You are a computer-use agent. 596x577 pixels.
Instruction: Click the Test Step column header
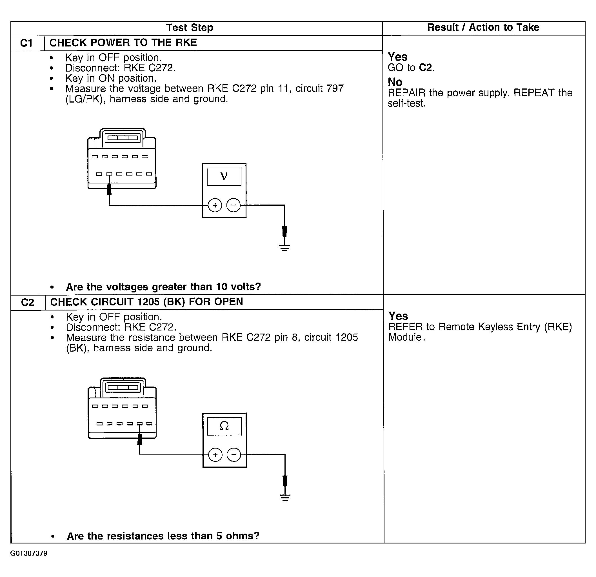[190, 28]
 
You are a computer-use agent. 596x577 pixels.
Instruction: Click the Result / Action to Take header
[483, 27]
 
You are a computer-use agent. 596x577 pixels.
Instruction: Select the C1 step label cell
[27, 43]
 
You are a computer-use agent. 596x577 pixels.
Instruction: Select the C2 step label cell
[28, 302]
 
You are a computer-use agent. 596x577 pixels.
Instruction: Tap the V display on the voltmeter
[224, 176]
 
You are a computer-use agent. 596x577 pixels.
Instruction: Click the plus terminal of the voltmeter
[215, 205]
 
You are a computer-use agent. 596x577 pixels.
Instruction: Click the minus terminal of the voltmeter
[233, 205]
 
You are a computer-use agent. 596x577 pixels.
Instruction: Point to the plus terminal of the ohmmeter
[215, 455]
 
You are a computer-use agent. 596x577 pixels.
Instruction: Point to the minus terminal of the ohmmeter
[234, 455]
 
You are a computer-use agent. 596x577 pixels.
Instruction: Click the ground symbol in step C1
[284, 247]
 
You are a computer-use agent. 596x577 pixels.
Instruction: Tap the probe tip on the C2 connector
[140, 439]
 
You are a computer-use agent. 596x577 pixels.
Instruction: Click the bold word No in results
[395, 82]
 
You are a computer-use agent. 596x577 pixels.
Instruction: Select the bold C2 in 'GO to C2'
[425, 68]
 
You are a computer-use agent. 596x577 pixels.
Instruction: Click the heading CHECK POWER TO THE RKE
[123, 43]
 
